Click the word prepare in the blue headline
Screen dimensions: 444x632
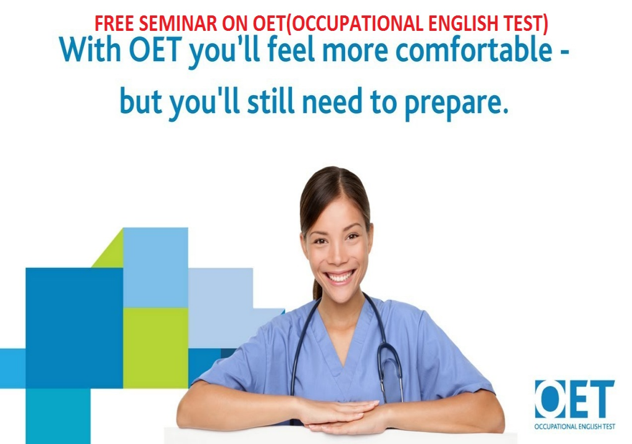[x=456, y=103]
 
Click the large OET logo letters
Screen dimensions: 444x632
[x=574, y=399]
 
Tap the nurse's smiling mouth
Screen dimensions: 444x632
[x=339, y=277]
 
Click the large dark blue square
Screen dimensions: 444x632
[x=74, y=327]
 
